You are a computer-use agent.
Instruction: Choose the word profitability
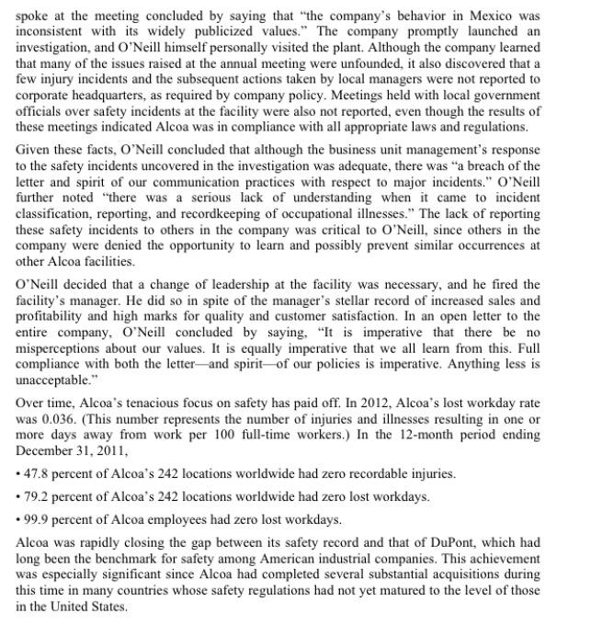pyautogui.click(x=55, y=316)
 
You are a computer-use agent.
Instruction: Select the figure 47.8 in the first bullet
pyautogui.click(x=34, y=474)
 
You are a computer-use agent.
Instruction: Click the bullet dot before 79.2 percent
pyautogui.click(x=18, y=496)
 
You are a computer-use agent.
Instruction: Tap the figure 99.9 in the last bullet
pyautogui.click(x=34, y=519)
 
